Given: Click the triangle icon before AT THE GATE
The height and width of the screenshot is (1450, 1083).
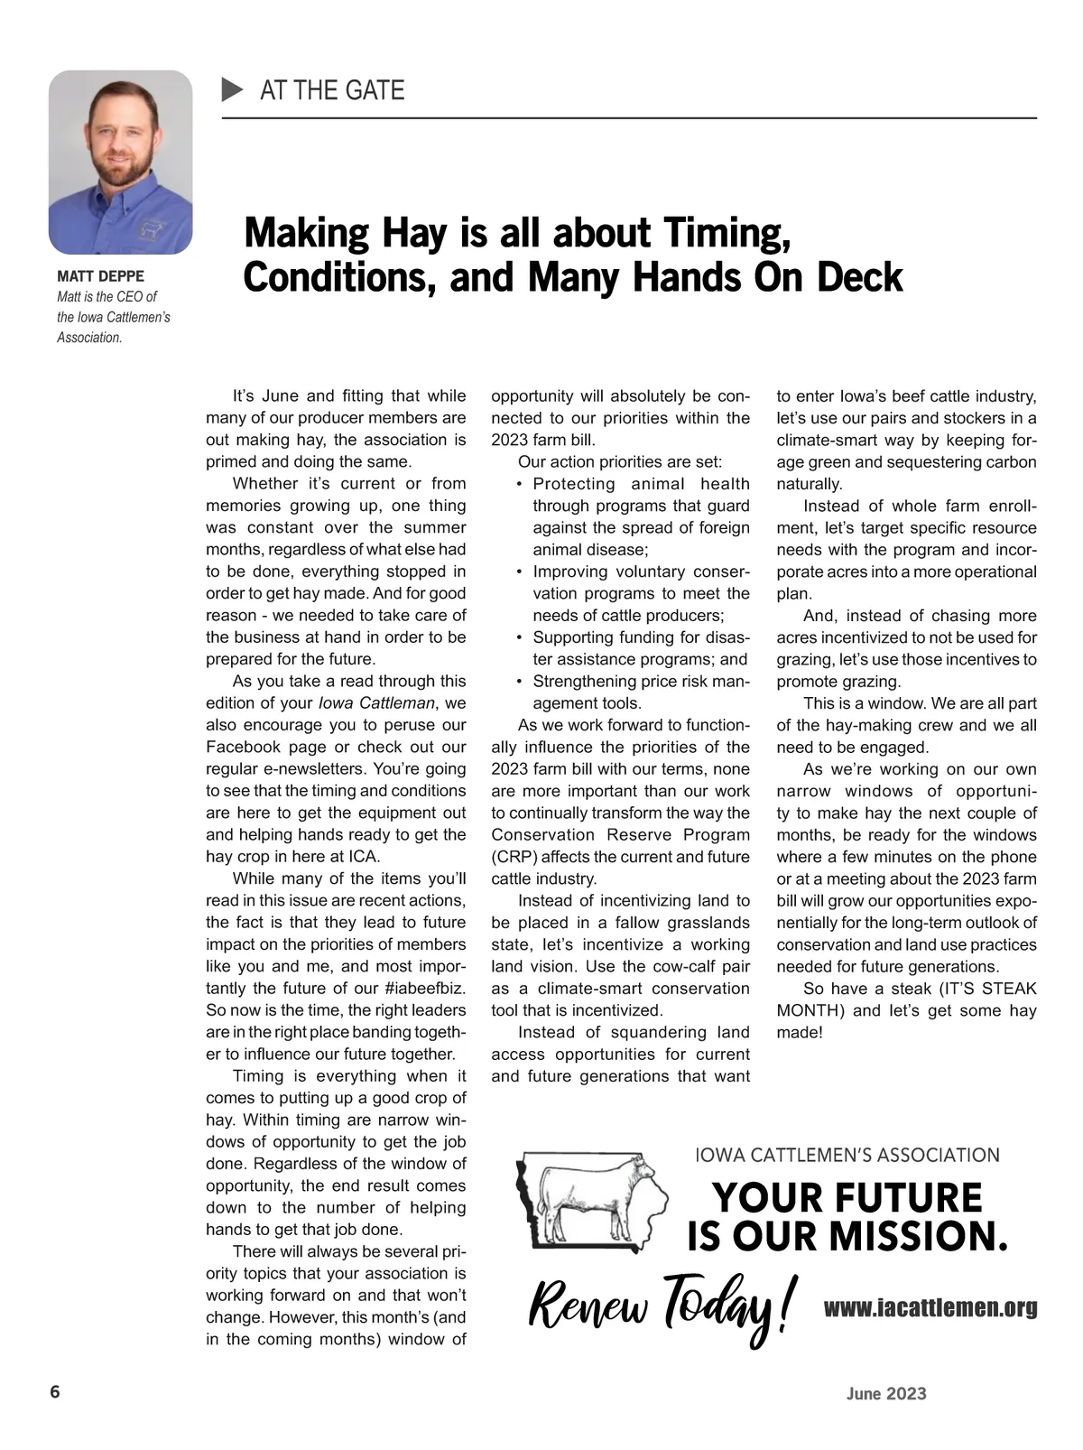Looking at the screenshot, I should click(x=233, y=89).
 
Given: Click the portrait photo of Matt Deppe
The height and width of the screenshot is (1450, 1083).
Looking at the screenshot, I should click(x=120, y=163).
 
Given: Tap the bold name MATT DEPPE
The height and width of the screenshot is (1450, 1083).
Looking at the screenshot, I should click(x=100, y=276).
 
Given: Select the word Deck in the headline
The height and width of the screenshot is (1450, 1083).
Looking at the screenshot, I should click(x=860, y=277).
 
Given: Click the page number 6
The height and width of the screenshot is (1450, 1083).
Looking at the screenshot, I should click(x=55, y=1391).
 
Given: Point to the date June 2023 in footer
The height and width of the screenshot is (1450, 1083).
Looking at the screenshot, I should click(x=886, y=1394).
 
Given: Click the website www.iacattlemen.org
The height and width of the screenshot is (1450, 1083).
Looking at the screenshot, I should click(x=930, y=1307).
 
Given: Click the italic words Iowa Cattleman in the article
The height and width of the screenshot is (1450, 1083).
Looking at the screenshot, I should click(x=377, y=703).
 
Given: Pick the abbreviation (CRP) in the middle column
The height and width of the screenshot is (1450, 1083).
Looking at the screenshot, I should click(x=513, y=857).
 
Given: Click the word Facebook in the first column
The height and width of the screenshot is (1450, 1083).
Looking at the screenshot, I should click(x=243, y=748).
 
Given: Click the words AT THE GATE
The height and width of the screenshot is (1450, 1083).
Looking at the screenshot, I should click(x=332, y=90).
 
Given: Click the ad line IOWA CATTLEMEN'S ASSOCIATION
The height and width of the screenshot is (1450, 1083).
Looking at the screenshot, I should click(x=847, y=1155).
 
